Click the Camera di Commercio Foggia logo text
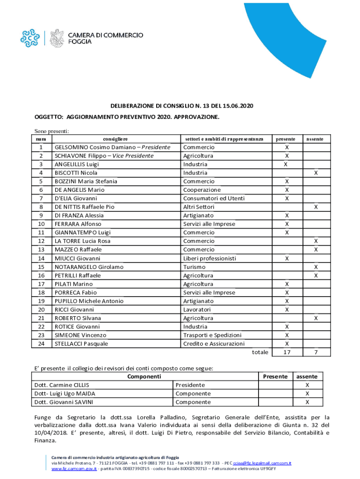tap(106, 38)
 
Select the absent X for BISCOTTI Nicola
tap(316, 173)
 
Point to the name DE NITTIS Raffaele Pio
tap(84, 207)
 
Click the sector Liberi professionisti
tap(209, 258)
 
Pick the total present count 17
tap(287, 352)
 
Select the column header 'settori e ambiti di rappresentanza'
tap(227, 139)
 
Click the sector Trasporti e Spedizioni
tap(212, 335)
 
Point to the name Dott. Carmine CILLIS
tap(63, 385)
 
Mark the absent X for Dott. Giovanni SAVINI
tap(307, 402)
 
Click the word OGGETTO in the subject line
tap(49, 116)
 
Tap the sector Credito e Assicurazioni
tap(214, 343)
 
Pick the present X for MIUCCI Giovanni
tap(287, 258)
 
